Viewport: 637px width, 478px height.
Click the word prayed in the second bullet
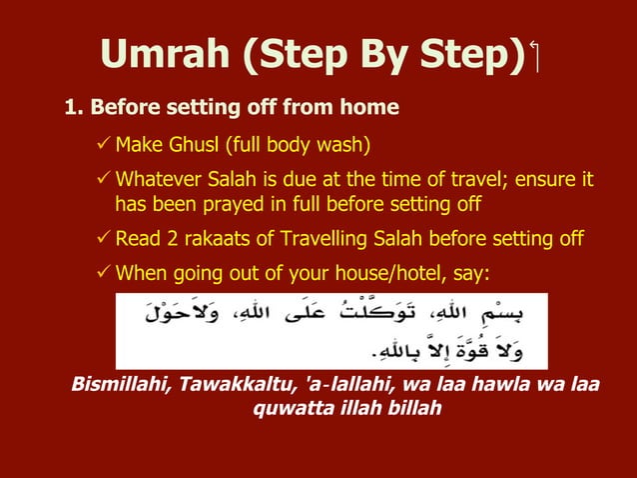point(262,205)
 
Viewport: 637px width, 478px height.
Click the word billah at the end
point(410,409)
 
